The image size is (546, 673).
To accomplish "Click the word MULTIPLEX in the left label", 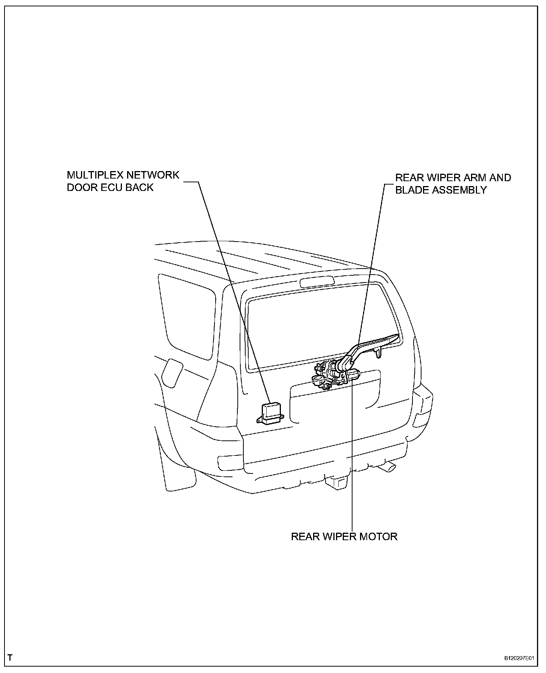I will pos(95,175).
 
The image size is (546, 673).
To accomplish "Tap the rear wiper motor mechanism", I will pos(330,375).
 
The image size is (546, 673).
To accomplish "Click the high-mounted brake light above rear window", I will pos(317,282).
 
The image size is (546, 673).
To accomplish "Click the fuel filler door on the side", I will pos(171,372).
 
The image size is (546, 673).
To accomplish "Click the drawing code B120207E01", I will pos(519,658).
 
